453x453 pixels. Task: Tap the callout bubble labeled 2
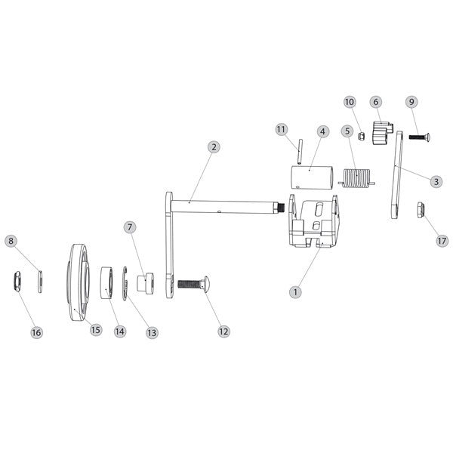(x=214, y=146)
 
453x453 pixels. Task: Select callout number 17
(x=442, y=241)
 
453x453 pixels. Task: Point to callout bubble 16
(x=36, y=332)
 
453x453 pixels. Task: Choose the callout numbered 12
(x=223, y=331)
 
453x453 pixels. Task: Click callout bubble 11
(x=282, y=129)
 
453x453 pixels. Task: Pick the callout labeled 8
(x=11, y=241)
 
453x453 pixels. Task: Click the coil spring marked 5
(x=356, y=179)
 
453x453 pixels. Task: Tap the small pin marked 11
(x=299, y=150)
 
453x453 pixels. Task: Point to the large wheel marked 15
(x=80, y=283)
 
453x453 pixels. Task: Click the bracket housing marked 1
(x=315, y=223)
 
